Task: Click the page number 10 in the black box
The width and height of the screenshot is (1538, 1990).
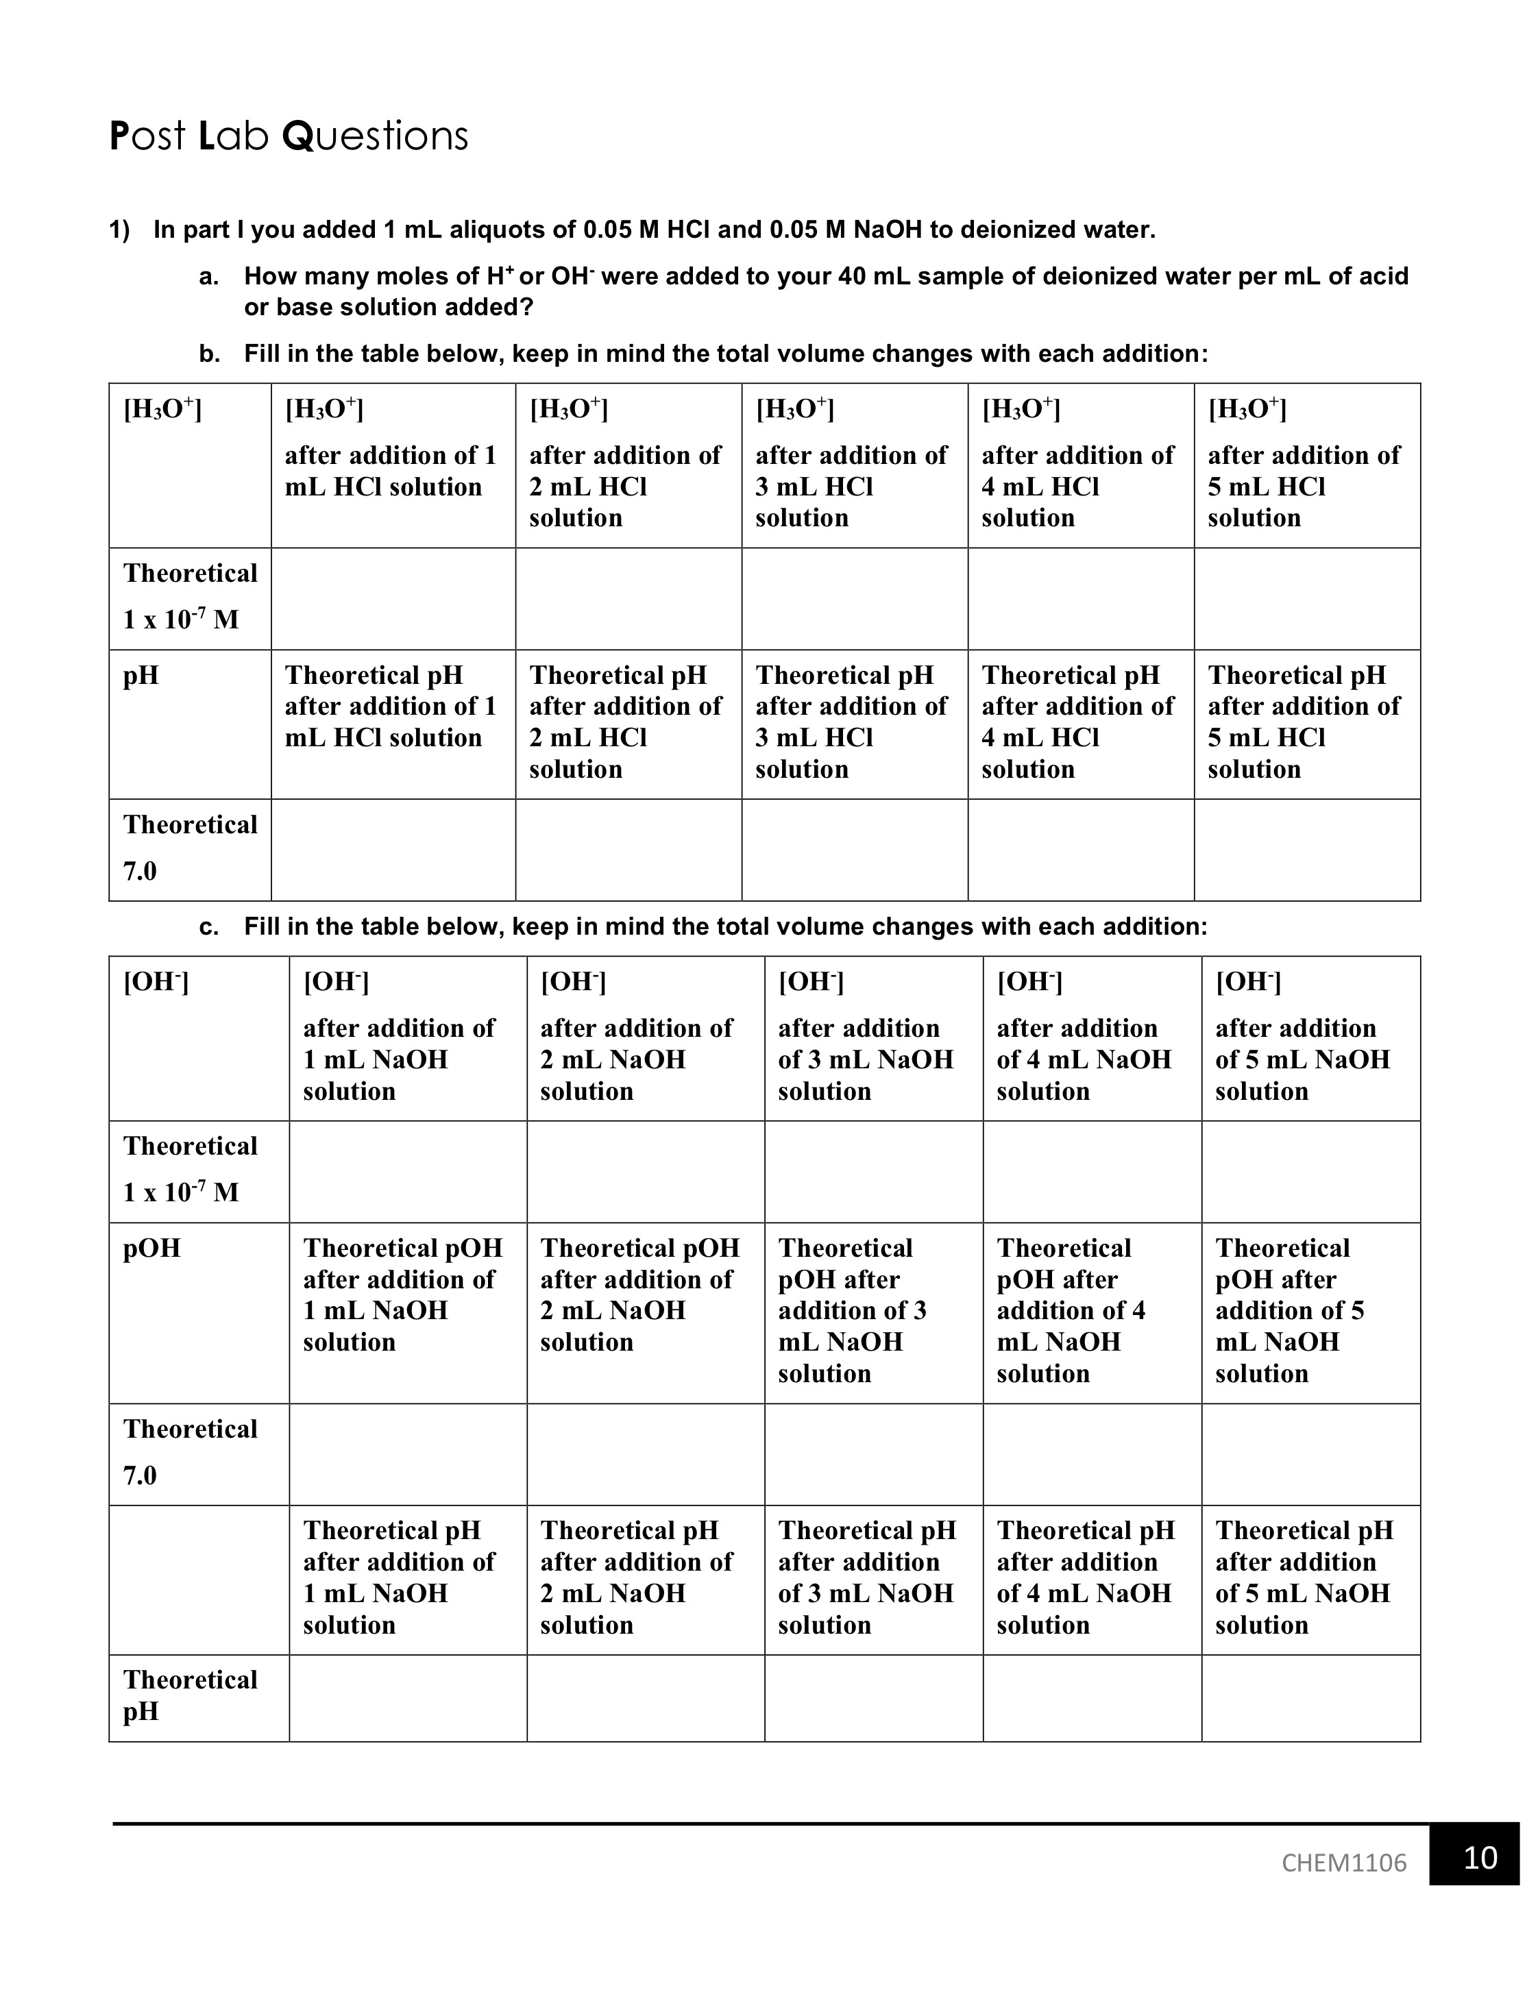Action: tap(1480, 1856)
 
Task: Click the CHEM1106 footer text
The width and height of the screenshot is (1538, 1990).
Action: tap(1343, 1863)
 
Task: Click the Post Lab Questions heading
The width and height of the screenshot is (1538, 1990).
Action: tap(288, 136)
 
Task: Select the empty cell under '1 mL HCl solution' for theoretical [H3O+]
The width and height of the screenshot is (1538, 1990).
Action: tap(393, 599)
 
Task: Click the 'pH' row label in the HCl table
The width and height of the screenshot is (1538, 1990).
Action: tap(141, 675)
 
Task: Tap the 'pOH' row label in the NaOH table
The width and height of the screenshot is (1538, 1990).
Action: tap(152, 1247)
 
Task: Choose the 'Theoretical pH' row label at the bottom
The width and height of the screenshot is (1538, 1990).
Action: tap(191, 1695)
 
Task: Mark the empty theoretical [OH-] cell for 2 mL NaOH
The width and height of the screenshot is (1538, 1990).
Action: tap(645, 1172)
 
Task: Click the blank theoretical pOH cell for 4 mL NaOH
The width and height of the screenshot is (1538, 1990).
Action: tap(1092, 1454)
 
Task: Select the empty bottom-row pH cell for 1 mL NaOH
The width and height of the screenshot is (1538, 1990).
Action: tap(407, 1697)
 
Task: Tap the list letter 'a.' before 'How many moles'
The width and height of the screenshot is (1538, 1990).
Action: tap(208, 276)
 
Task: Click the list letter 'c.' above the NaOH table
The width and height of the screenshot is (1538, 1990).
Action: tap(208, 926)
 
